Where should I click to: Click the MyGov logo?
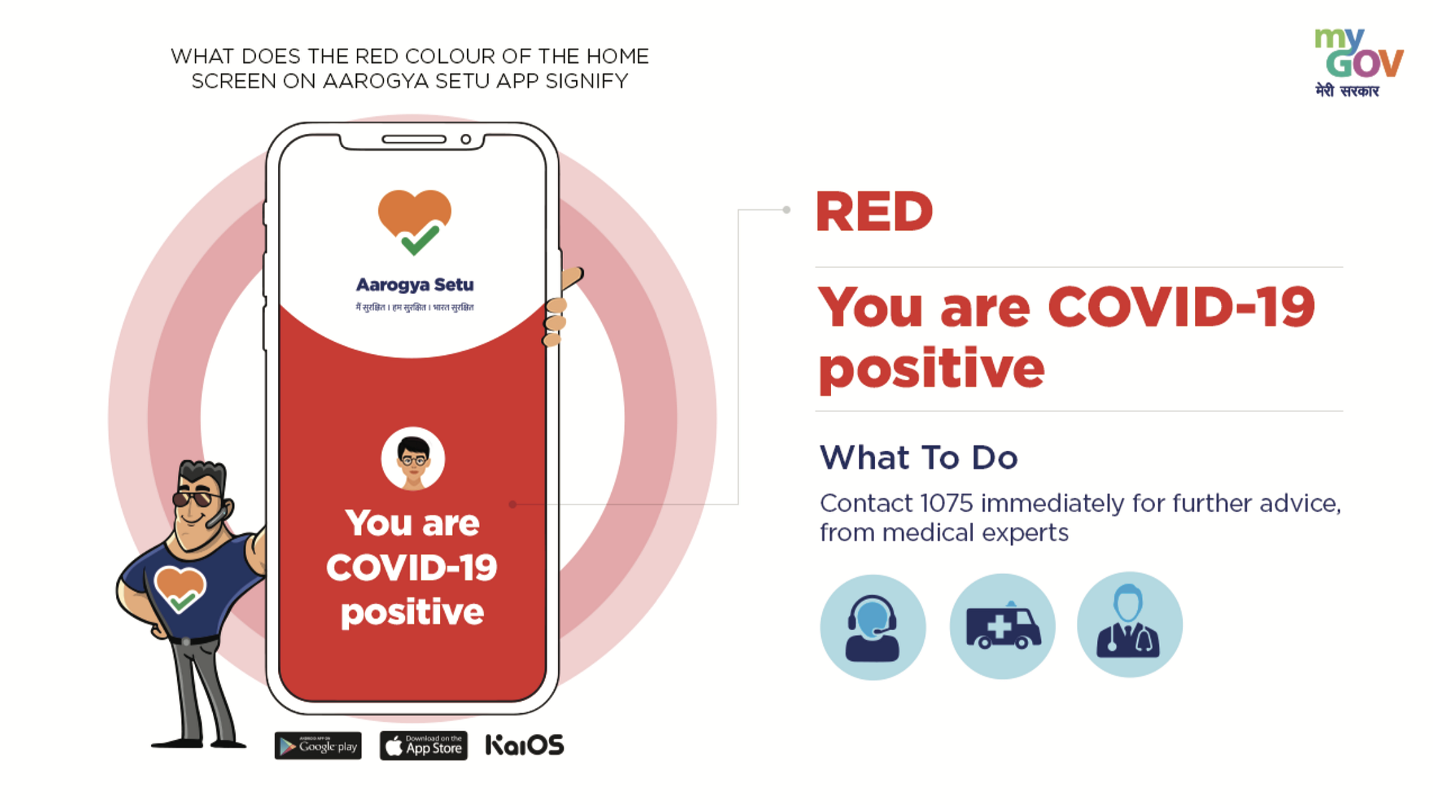point(1358,62)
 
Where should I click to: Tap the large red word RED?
point(874,212)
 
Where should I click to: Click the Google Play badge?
point(317,746)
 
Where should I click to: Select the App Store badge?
point(423,746)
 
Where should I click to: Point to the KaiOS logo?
point(524,746)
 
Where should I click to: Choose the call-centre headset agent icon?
point(873,627)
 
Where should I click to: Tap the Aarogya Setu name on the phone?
point(415,285)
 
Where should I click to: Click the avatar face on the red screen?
point(413,459)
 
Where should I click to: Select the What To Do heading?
point(919,457)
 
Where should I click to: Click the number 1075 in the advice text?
point(946,503)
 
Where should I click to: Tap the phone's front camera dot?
point(466,139)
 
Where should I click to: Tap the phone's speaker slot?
point(414,139)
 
